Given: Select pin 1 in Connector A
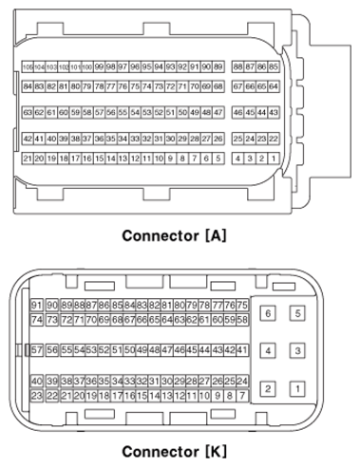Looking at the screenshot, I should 275,159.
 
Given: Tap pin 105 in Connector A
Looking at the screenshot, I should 28,67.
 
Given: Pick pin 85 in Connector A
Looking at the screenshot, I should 275,67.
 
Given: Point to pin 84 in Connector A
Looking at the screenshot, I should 28,86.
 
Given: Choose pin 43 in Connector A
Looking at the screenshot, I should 275,112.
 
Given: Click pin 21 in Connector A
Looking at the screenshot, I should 28,159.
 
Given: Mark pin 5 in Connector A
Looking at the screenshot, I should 218,159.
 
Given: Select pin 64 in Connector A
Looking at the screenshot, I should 275,86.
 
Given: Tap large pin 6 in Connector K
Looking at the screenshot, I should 268,313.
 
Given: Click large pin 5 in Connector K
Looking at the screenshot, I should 297,313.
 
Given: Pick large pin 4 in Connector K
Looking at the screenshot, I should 268,351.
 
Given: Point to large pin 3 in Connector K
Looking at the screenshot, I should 297,351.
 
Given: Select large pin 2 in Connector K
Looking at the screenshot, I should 268,388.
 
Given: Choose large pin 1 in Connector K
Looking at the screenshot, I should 297,388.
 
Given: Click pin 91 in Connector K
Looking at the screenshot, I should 37,305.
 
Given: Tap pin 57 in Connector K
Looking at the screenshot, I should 37,350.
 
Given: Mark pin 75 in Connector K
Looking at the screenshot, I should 242,305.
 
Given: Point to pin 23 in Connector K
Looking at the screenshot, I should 37,395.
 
